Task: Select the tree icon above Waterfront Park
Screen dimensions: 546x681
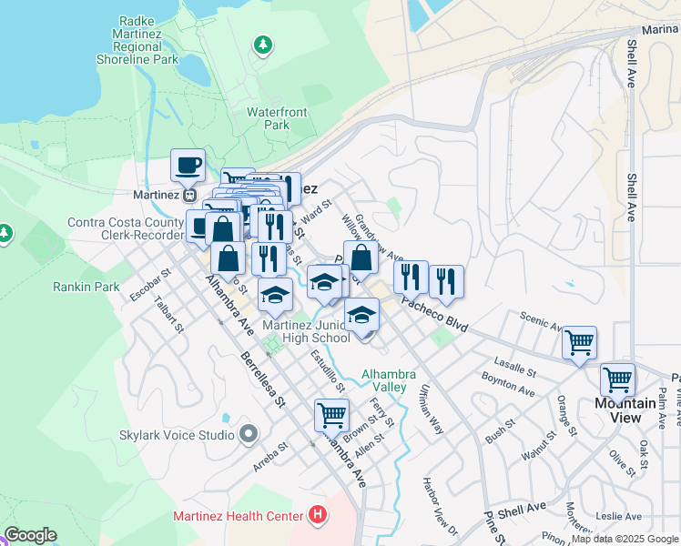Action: click(263, 45)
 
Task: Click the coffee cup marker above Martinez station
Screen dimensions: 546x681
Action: click(188, 167)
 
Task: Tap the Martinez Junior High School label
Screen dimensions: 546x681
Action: click(306, 331)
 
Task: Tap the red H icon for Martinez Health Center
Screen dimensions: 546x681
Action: click(317, 516)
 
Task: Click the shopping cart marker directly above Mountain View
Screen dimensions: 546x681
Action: click(617, 379)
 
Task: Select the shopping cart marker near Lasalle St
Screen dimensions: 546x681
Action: click(579, 344)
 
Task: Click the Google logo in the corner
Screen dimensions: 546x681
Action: click(30, 535)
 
